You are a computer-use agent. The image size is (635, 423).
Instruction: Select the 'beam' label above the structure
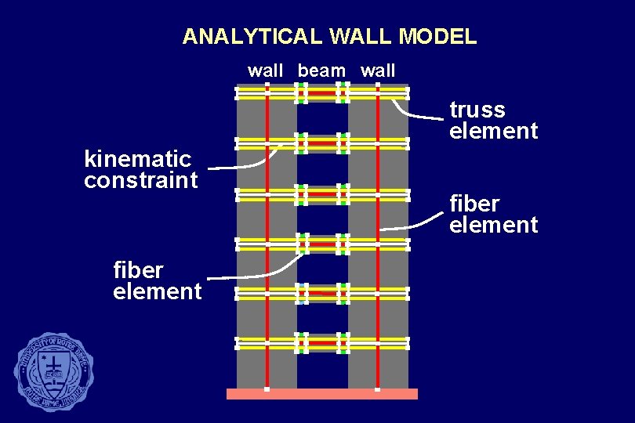tap(321, 70)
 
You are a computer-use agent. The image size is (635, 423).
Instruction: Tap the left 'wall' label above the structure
tap(266, 70)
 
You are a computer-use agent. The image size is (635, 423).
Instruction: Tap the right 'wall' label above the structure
tap(378, 70)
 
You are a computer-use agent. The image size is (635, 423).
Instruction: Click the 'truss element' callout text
tap(493, 120)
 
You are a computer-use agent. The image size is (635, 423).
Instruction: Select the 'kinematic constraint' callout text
tap(140, 170)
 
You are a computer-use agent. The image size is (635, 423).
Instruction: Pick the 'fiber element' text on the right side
tap(493, 214)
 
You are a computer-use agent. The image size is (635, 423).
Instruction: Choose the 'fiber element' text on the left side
tap(157, 280)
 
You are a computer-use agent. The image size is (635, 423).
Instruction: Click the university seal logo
tap(53, 372)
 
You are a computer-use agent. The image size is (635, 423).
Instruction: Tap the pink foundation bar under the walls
tap(322, 394)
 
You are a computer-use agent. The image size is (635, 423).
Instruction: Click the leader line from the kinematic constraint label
tap(243, 167)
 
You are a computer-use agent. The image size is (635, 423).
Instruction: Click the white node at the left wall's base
tap(267, 389)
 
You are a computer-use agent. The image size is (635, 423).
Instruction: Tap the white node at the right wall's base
tap(377, 389)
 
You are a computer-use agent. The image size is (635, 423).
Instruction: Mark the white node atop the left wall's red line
tap(267, 82)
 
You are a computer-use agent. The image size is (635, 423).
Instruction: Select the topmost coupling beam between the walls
tap(322, 94)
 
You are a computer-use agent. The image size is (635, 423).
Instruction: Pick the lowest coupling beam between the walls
tap(322, 343)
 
